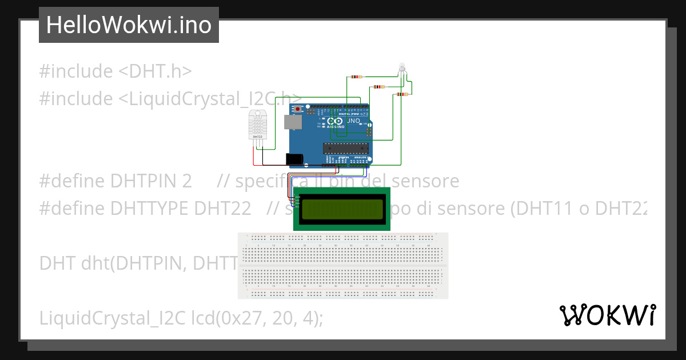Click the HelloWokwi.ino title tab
(129, 25)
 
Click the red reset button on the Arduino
(297, 108)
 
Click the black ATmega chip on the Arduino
(344, 149)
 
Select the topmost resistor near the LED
(356, 77)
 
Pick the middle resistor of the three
(378, 87)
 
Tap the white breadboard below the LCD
(343, 265)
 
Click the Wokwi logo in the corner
(607, 315)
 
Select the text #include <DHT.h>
(115, 71)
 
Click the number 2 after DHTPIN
(186, 181)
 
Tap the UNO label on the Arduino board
(353, 121)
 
